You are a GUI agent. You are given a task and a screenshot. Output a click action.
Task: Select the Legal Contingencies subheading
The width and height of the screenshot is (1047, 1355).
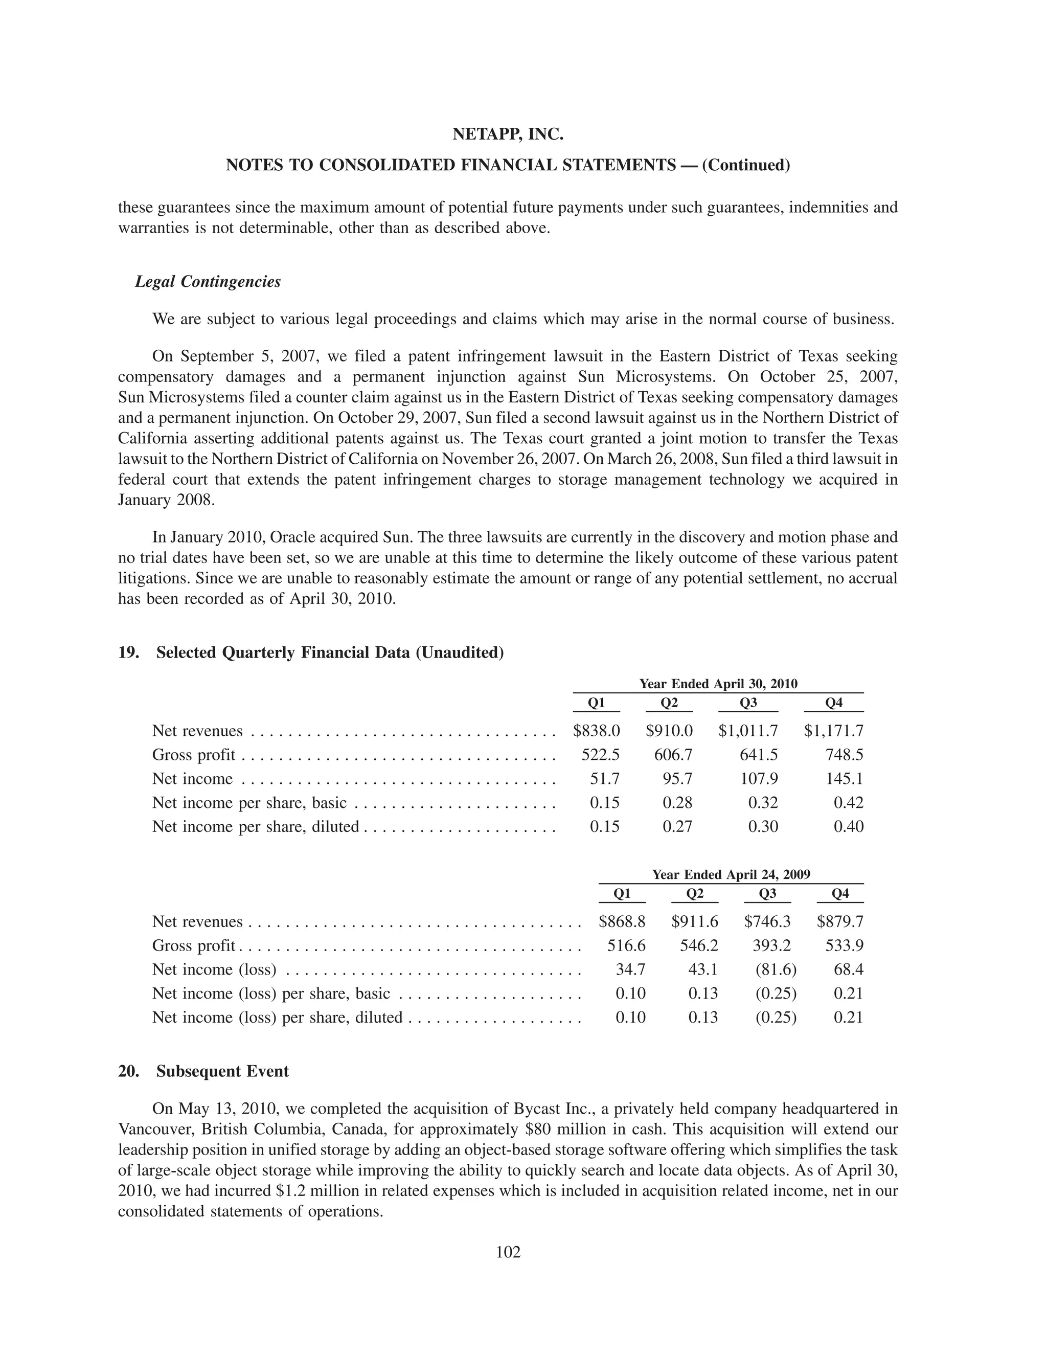pyautogui.click(x=208, y=282)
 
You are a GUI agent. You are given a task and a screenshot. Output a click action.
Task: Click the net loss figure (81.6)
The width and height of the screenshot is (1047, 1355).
pyautogui.click(x=776, y=969)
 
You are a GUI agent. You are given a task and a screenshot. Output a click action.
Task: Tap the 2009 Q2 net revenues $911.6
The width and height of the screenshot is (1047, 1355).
pyautogui.click(x=695, y=921)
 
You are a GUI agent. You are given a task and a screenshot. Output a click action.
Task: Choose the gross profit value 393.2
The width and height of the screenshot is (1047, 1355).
pyautogui.click(x=771, y=945)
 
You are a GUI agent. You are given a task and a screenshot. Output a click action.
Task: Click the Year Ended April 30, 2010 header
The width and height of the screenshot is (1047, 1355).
pyautogui.click(x=718, y=684)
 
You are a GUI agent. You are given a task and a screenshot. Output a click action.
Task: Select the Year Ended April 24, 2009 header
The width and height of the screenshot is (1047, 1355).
pyautogui.click(x=731, y=874)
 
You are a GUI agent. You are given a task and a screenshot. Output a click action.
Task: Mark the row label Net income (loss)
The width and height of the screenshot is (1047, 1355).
pyautogui.click(x=214, y=969)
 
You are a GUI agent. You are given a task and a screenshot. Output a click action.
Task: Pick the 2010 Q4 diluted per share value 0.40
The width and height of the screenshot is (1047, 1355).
pyautogui.click(x=849, y=826)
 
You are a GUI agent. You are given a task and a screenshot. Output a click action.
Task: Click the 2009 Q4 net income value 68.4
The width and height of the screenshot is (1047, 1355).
pyautogui.click(x=849, y=969)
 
